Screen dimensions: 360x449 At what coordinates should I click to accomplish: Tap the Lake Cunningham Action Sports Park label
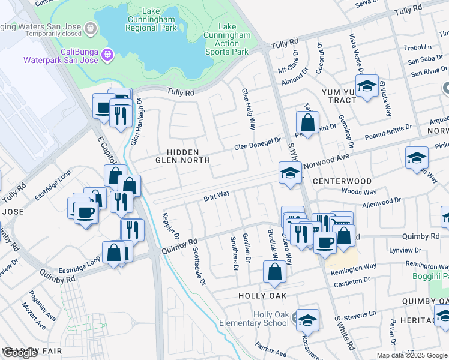(231, 40)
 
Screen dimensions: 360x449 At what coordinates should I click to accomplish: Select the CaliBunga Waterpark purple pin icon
(107, 55)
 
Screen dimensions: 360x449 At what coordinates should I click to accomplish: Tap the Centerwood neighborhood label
(341, 181)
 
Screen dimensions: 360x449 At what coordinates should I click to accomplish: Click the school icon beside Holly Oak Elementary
(308, 320)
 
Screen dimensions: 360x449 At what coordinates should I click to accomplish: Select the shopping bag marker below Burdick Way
(274, 271)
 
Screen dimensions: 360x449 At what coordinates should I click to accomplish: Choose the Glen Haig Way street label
(249, 109)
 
